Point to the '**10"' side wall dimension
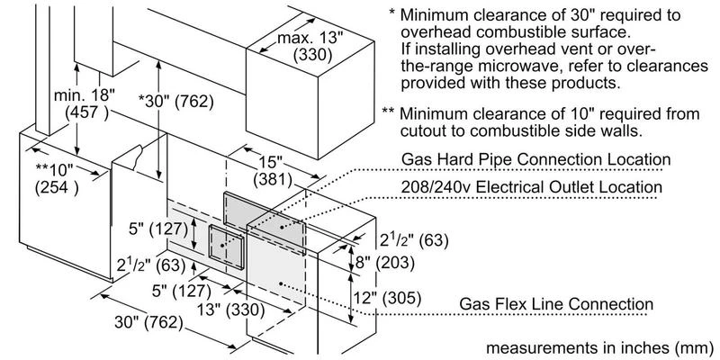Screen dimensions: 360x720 [x=58, y=170]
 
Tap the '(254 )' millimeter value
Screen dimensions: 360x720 [x=57, y=189]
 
